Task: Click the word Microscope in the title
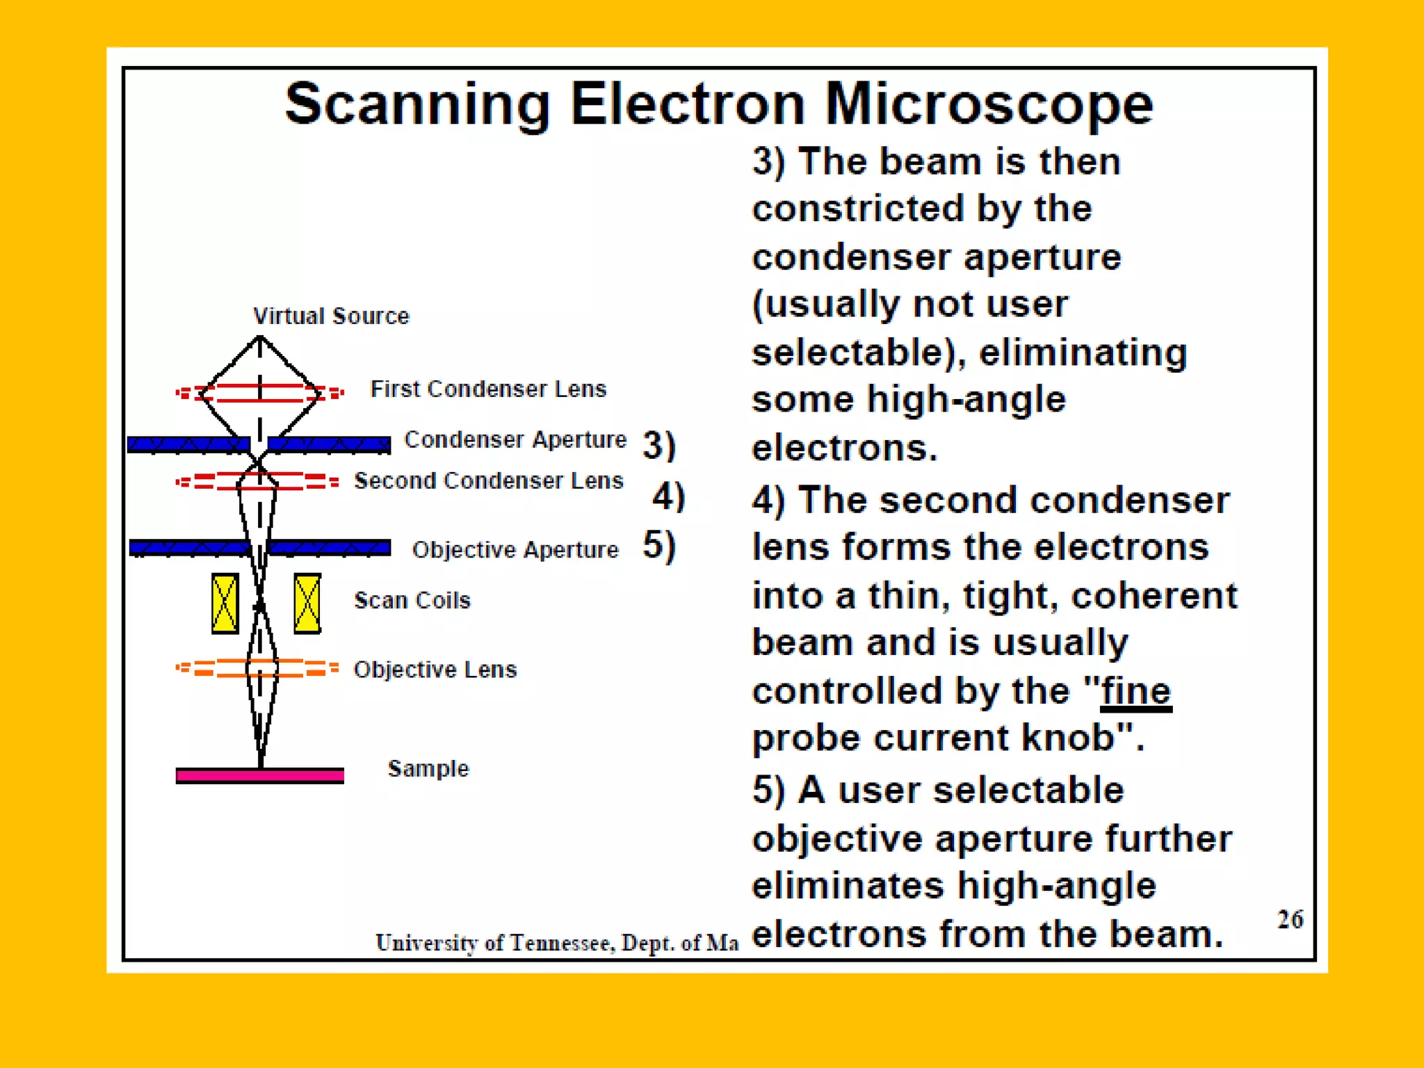tap(988, 104)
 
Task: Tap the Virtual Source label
tap(331, 316)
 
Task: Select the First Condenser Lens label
tap(488, 389)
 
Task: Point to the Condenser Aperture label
tap(515, 439)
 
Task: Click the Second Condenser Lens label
tap(489, 480)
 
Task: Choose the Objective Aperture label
tap(515, 549)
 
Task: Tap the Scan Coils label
tap(412, 600)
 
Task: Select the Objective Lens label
tap(435, 670)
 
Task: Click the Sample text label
tap(428, 768)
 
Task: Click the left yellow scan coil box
tap(225, 604)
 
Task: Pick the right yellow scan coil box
tap(307, 604)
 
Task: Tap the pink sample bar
tap(259, 775)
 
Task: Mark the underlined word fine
tap(1135, 691)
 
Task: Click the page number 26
tap(1290, 919)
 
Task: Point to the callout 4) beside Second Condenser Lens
tap(668, 496)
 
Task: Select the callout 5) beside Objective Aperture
tap(659, 545)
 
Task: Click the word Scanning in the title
tap(417, 104)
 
